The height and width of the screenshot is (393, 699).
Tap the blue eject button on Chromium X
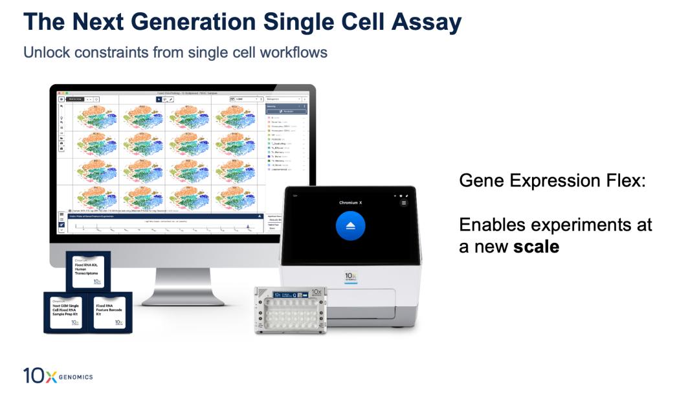[x=350, y=226]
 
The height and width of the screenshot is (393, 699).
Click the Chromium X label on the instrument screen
[x=350, y=203]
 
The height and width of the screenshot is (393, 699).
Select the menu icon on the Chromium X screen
[x=404, y=203]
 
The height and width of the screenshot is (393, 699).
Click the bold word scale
[x=537, y=247]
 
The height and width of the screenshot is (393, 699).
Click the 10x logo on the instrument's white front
[x=350, y=277]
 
